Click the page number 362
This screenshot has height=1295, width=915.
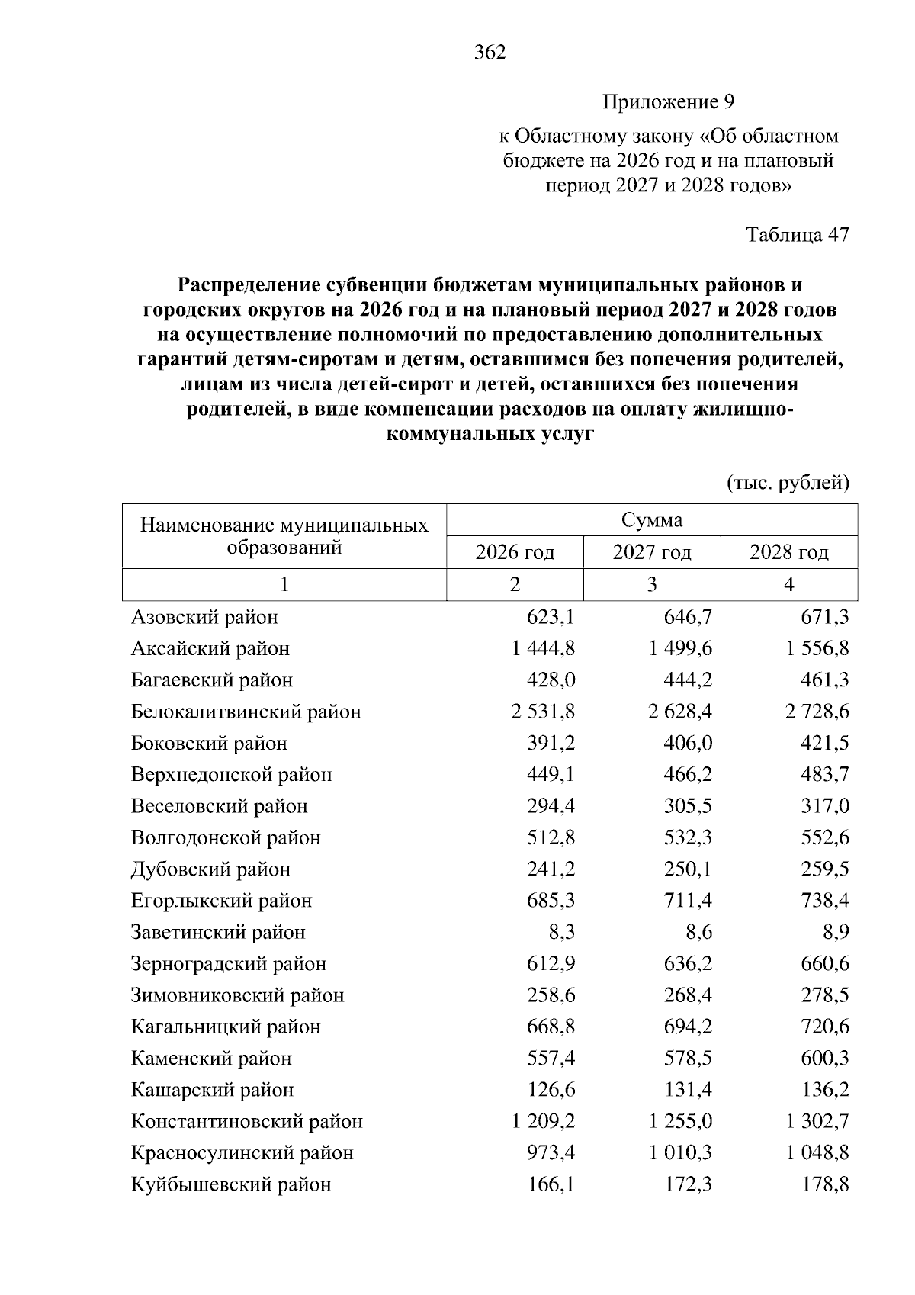(x=490, y=53)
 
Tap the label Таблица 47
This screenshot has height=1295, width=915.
(x=797, y=234)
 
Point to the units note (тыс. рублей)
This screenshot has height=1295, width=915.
(x=788, y=484)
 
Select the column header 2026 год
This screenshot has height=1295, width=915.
(x=515, y=552)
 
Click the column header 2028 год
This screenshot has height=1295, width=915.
(x=788, y=552)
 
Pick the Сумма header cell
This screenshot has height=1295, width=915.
(x=652, y=520)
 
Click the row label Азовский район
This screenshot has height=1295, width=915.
(x=204, y=617)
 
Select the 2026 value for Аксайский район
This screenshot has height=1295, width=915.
(x=544, y=648)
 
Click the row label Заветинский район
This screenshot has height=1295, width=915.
(x=218, y=932)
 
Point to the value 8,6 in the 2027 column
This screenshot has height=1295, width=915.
(x=697, y=932)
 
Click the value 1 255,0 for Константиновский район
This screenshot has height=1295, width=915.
(x=680, y=1121)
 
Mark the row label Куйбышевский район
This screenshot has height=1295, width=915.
(x=231, y=1184)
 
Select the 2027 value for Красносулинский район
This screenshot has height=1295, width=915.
(x=680, y=1152)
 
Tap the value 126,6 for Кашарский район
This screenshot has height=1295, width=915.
(x=551, y=1089)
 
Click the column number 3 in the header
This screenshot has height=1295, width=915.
(x=652, y=584)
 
